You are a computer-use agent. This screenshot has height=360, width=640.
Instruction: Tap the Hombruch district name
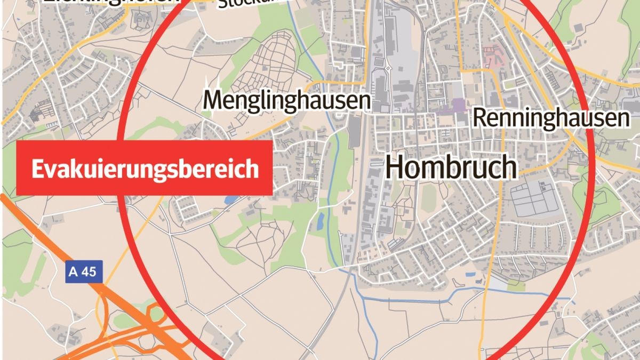[x=451, y=167]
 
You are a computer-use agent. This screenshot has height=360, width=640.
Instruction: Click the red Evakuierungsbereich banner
[x=145, y=168]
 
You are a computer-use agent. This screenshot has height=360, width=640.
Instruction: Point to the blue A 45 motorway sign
[x=83, y=272]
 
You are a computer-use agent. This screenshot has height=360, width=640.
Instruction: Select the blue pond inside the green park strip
[x=321, y=221]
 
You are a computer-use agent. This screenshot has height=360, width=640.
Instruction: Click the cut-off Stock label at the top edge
[x=240, y=4]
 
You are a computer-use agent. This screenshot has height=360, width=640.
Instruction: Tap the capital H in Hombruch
[x=395, y=167]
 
